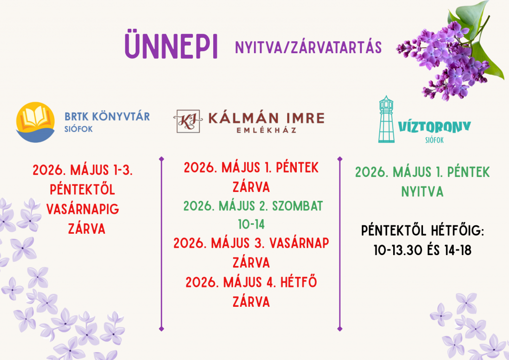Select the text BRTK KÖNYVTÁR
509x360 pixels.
107,117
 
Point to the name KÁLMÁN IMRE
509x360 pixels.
266,118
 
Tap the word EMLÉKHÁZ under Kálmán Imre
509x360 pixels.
266,130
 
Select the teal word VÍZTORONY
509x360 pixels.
434,127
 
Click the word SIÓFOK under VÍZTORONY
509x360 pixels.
434,140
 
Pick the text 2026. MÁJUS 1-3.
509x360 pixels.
83,171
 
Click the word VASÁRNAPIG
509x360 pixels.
83,209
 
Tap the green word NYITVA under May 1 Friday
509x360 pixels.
423,191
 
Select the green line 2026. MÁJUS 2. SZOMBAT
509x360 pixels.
253,205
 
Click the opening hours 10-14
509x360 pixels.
251,224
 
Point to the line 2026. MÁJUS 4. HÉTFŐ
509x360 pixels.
252,282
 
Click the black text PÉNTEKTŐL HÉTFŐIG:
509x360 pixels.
423,231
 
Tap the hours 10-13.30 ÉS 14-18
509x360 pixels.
423,250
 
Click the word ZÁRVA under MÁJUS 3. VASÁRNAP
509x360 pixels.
251,263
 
